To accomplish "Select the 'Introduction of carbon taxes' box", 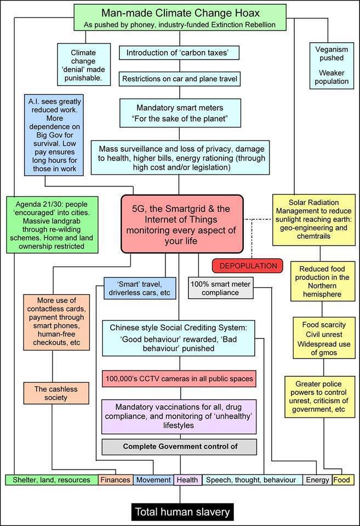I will (180, 53).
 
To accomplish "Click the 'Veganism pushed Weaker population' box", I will (332, 65).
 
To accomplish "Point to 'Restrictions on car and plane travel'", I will (180, 79).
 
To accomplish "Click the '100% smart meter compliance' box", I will (221, 288).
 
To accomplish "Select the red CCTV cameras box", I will (179, 378).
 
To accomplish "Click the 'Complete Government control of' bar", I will (179, 446).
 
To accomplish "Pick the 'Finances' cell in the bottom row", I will (115, 480).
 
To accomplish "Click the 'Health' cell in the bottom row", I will (187, 480).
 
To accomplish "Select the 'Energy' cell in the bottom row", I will (317, 480).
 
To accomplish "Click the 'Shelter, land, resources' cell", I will (52, 480).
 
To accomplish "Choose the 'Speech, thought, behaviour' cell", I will (252, 480).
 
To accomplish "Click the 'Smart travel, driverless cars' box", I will (140, 288).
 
